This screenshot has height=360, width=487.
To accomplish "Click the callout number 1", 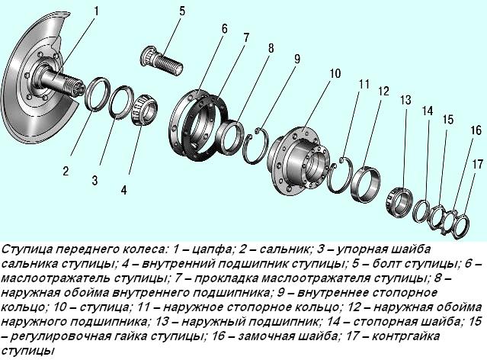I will (97, 11).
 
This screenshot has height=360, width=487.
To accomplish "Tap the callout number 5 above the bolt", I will (182, 11).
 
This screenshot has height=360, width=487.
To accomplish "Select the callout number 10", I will (335, 74).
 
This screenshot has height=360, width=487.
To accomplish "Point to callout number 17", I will (478, 164).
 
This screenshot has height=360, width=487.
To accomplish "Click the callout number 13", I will (405, 100).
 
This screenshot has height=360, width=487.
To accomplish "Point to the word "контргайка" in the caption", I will (425, 336).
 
